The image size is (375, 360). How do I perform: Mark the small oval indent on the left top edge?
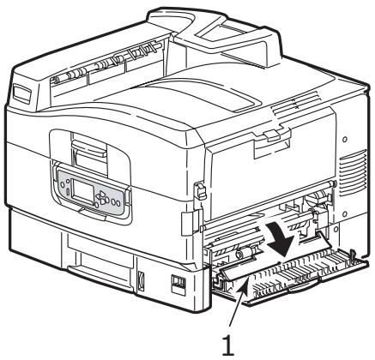pyautogui.click(x=25, y=90)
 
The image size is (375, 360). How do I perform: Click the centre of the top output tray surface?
pyautogui.click(x=189, y=94)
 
